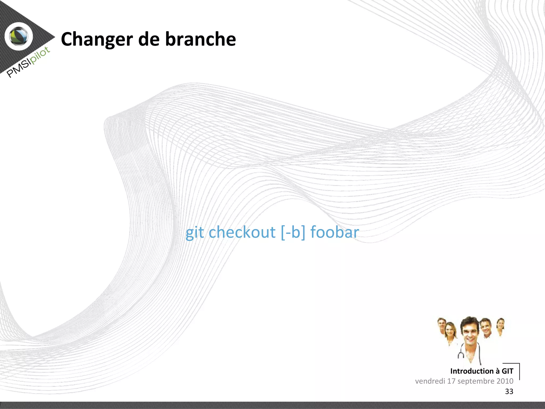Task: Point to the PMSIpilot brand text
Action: (28, 62)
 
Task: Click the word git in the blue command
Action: (195, 232)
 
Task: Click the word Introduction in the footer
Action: (472, 371)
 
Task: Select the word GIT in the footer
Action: (507, 371)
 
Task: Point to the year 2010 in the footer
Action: (505, 381)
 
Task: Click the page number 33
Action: (509, 391)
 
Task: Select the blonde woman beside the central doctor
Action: (450, 332)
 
